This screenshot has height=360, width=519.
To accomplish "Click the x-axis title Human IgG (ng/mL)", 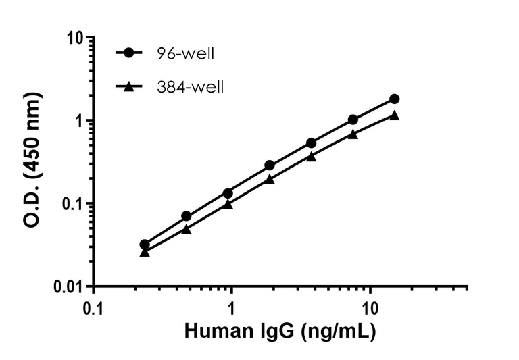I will [280, 332].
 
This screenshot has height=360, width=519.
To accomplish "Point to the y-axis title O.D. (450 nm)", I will [32, 162].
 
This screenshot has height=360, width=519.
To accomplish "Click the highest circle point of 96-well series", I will [394, 99].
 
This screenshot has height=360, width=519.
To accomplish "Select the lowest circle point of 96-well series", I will [145, 245].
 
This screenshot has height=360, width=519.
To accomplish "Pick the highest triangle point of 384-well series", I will [394, 115].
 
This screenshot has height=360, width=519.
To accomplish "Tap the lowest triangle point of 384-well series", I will [145, 252].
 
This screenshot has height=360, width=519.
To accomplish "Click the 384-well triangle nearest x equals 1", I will [228, 203].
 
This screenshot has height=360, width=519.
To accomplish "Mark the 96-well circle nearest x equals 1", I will [228, 193].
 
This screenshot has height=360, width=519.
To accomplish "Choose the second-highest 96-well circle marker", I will [353, 120].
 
